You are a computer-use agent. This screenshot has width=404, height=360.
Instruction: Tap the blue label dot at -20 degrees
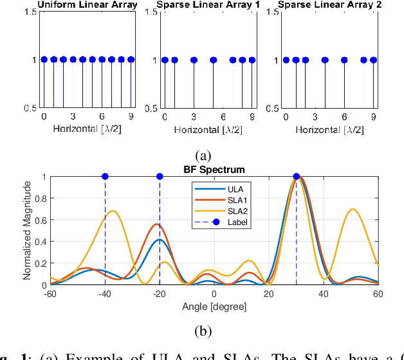pos(160,176)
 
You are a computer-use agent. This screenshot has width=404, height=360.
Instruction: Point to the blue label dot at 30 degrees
pos(297,176)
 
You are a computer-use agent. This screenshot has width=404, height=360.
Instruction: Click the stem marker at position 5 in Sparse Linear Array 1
pos(213,60)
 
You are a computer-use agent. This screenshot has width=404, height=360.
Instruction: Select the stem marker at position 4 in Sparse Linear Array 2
pos(325,60)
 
